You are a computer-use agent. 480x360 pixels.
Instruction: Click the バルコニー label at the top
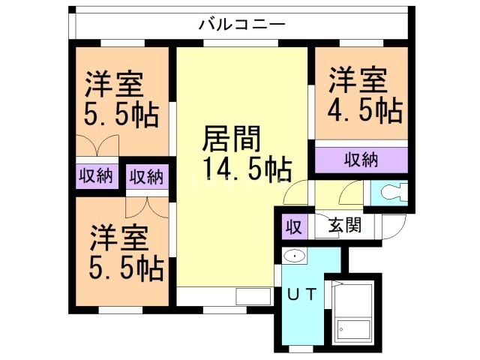241,23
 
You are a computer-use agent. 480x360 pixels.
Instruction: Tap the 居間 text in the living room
232,139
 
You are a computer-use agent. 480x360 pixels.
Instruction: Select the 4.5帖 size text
365,111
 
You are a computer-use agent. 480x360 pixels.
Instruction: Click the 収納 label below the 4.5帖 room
361,160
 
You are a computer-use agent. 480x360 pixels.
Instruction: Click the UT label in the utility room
304,292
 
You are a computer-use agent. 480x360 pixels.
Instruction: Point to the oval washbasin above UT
294,257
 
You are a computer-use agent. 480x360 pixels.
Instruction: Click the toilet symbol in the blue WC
391,193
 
